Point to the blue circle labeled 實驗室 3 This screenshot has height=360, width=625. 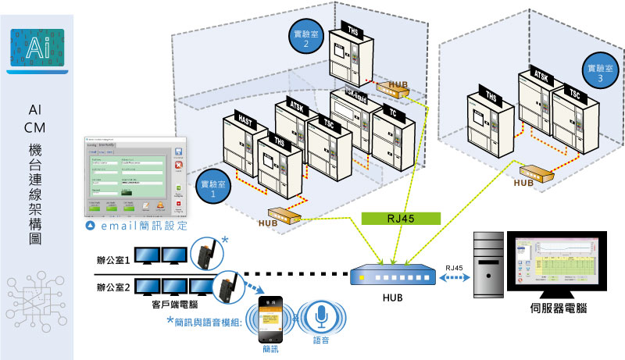pyautogui.click(x=596, y=73)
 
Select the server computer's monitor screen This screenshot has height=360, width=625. pyautogui.click(x=556, y=262)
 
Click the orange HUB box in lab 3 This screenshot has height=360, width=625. pyautogui.click(x=537, y=171)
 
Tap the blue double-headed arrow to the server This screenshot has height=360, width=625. pyautogui.click(x=452, y=277)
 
